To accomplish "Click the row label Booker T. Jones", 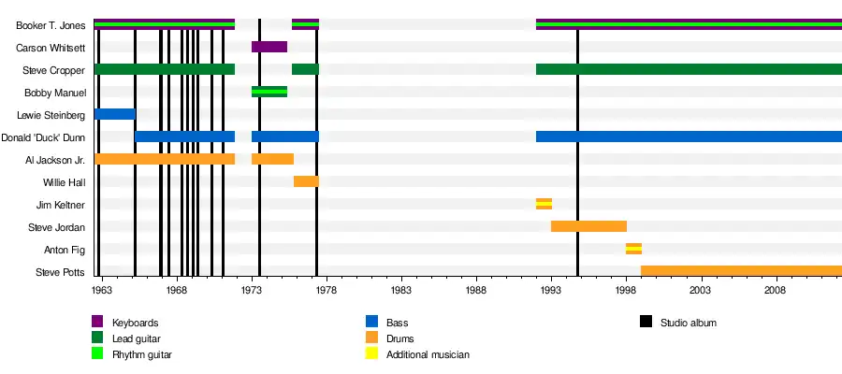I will coord(51,24).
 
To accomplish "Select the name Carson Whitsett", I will coord(51,47).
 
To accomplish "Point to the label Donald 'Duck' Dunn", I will coord(44,137).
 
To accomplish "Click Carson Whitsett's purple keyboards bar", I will coord(269,47).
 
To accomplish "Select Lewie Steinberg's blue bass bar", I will coord(114,114).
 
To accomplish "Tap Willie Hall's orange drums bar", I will coord(306,181).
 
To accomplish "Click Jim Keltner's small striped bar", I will coord(544,204).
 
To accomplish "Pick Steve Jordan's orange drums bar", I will coord(588,226).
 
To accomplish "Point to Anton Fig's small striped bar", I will coord(633,249).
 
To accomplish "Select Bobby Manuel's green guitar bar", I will coord(269,92).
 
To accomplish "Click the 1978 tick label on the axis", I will coord(327,291).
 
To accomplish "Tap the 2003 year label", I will coord(701,291).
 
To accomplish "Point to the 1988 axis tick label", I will coord(476,291).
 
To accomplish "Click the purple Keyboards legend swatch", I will coord(97,323).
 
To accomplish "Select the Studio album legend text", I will coord(689,323).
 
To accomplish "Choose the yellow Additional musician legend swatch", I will coord(371,354).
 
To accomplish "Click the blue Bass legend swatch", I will coord(371,323).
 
